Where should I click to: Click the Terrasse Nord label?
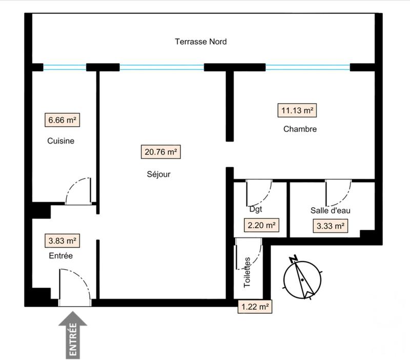point(200,42)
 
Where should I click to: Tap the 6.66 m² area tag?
point(62,121)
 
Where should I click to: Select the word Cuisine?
point(61,141)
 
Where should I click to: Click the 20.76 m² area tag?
point(160,152)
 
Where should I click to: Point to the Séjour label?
point(158,174)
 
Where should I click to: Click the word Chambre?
point(300,129)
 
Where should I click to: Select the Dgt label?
point(255,210)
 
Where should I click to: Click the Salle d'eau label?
point(330,210)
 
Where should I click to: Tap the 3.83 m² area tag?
point(62,240)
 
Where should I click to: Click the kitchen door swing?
point(80,192)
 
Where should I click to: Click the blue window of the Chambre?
point(307,67)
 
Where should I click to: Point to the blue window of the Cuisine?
point(65,67)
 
